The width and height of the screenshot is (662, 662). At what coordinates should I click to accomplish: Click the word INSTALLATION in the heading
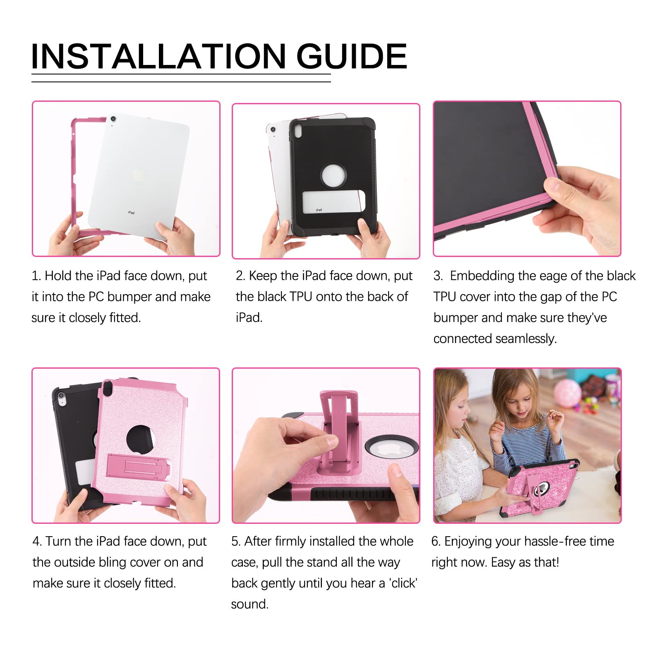(158, 56)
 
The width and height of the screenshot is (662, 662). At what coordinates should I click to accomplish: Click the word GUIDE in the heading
(351, 56)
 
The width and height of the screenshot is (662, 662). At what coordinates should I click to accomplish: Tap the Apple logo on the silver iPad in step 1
(138, 175)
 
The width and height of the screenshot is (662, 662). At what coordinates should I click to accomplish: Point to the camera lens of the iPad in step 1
(113, 119)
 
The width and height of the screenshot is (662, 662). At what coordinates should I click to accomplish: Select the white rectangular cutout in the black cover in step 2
(333, 202)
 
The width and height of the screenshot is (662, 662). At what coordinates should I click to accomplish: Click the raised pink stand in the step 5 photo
(336, 430)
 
